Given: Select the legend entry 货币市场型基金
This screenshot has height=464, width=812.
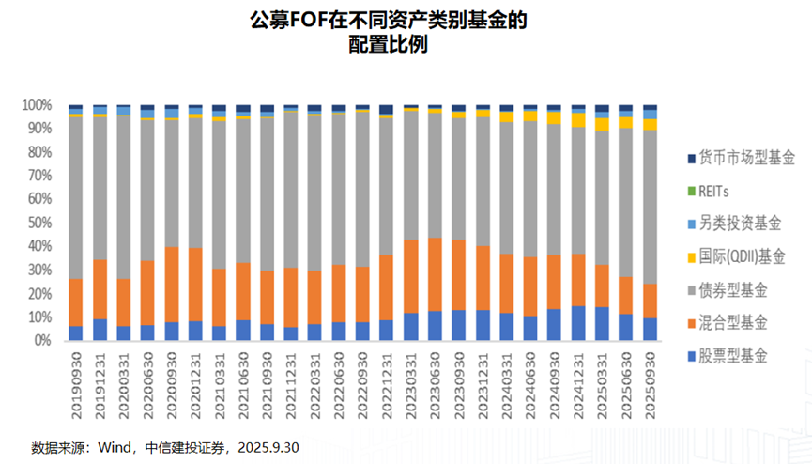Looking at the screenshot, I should coord(727,158).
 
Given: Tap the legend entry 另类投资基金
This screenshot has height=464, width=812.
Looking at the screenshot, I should coord(727,224).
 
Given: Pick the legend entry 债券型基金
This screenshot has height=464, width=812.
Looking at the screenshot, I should coord(727,289).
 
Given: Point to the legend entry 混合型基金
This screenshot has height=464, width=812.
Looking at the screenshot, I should coord(727,323).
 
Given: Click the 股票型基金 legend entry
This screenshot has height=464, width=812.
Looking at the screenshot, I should coord(727,356).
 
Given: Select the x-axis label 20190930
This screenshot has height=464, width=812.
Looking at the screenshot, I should coord(76,380).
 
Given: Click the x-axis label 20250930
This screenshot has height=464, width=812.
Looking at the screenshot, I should coord(651,380).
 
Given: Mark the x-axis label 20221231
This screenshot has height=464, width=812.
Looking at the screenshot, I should coord(387,380).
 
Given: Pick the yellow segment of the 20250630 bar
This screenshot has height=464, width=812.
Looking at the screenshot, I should coord(626,122).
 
